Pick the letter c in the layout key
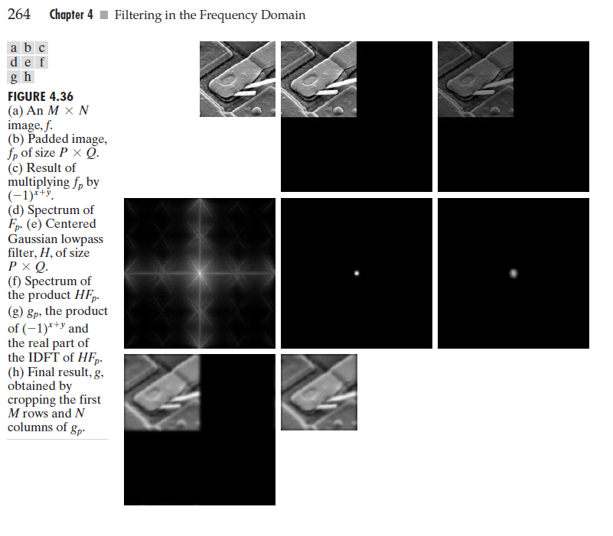(41, 48)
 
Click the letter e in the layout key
(28, 62)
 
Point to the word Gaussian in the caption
(32, 239)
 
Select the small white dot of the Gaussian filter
(357, 272)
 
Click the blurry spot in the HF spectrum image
(514, 272)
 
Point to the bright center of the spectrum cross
(199, 271)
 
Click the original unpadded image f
(237, 79)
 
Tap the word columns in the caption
(31, 427)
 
